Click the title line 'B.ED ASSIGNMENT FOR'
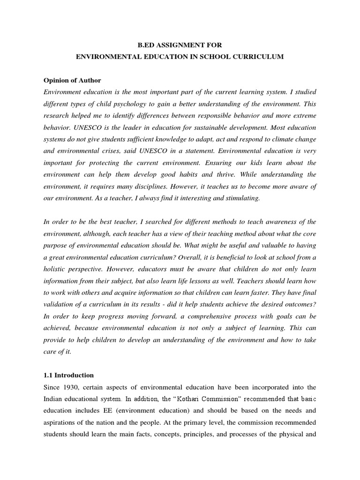(x=180, y=45)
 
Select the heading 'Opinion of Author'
(x=72, y=80)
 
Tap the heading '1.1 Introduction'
(x=68, y=375)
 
